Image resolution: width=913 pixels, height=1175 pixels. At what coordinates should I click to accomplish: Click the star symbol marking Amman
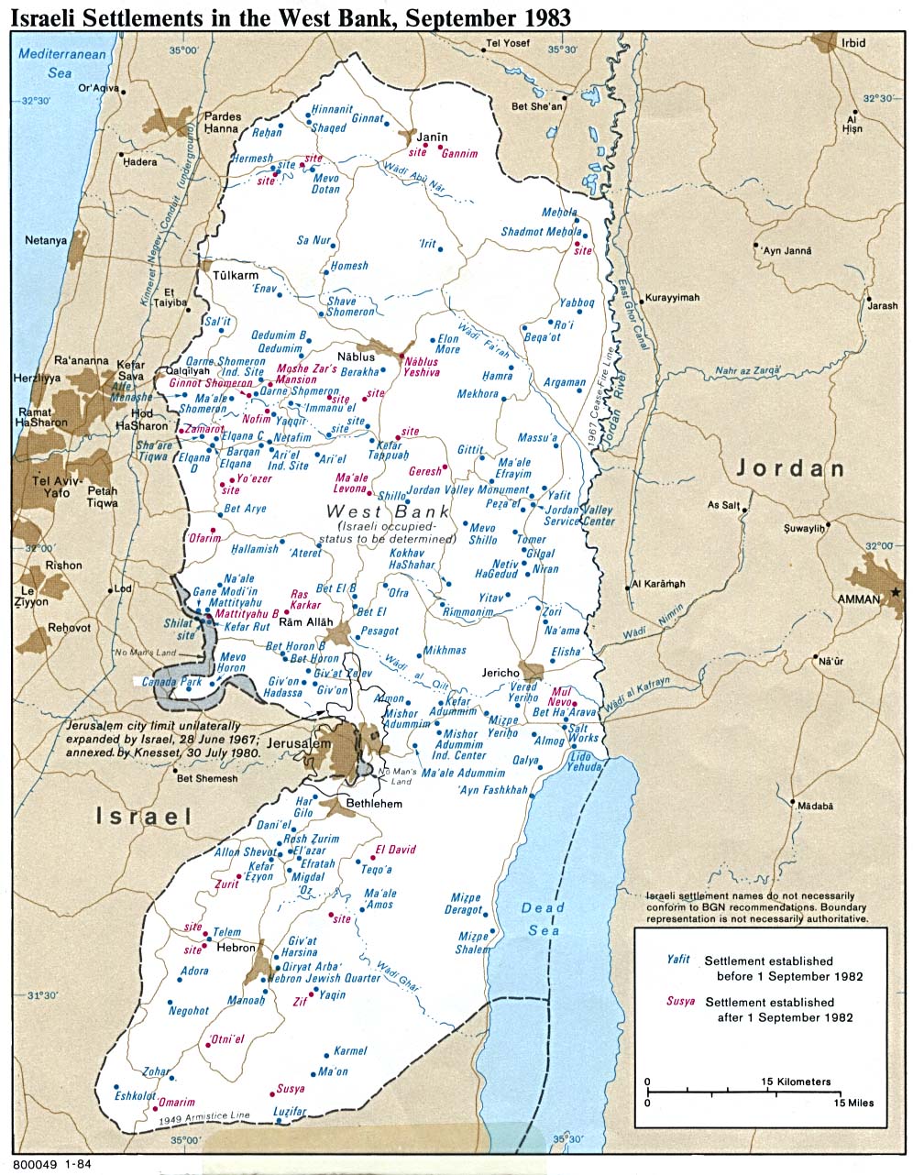pos(896,592)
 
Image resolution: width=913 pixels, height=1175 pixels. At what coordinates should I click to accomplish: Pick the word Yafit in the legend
pos(678,961)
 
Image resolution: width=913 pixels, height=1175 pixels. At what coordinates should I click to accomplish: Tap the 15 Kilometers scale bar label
pos(796,1082)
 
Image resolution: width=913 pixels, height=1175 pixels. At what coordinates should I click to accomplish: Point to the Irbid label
pos(853,43)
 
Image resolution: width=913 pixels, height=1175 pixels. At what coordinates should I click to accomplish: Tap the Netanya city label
pos(47,240)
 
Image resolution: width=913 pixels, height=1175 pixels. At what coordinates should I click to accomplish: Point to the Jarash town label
pos(883,305)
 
